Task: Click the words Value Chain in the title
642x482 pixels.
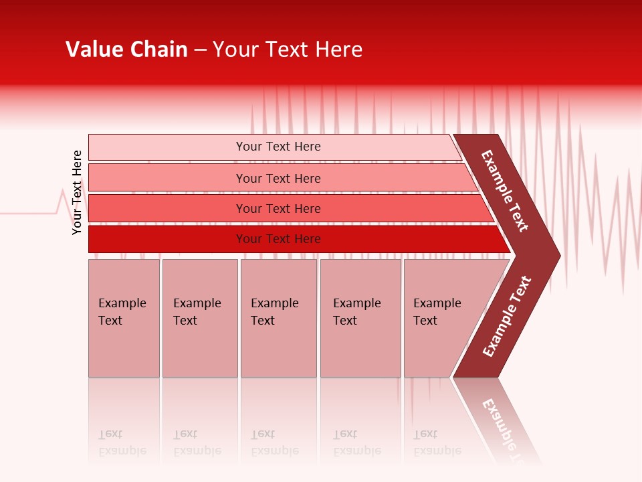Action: tap(126, 50)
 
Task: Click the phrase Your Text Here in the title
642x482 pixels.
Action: tap(288, 50)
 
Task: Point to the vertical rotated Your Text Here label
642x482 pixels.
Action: tap(77, 192)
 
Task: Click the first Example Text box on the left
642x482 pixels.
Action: tap(124, 318)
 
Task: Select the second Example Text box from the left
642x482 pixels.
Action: tap(200, 318)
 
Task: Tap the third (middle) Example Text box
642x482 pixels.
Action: tap(278, 318)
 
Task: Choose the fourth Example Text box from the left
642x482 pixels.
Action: tap(360, 318)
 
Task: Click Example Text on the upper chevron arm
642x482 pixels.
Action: tap(505, 191)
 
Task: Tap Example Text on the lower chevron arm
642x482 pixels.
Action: tap(507, 317)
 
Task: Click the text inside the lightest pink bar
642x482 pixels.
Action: tap(278, 147)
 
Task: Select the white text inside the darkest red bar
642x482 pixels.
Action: tap(278, 239)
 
